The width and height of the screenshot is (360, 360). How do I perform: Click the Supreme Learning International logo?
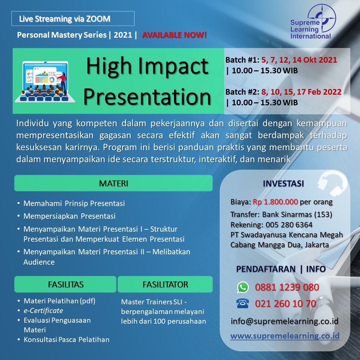(313, 22)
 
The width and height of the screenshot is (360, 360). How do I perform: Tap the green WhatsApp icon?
(243, 287)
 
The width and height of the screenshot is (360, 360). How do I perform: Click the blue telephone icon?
(242, 303)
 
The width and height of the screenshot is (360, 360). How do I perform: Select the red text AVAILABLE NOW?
(174, 35)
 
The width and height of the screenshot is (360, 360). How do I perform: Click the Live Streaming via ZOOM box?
(73, 19)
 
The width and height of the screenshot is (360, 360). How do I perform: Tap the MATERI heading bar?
(113, 183)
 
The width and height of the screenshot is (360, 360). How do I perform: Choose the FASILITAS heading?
(65, 284)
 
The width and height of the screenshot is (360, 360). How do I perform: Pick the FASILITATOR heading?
(165, 284)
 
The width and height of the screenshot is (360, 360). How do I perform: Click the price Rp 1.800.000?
(275, 202)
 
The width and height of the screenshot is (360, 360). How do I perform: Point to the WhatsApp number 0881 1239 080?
(287, 287)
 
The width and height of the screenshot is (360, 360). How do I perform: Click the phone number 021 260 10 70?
(285, 304)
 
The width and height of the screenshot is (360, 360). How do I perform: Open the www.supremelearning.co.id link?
(285, 336)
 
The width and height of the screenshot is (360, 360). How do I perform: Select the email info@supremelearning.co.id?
(284, 321)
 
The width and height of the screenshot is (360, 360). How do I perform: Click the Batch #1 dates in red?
(299, 60)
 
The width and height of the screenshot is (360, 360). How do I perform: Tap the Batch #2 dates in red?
(301, 92)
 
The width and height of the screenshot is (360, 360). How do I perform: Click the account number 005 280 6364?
(289, 225)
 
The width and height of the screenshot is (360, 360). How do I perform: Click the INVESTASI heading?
(283, 183)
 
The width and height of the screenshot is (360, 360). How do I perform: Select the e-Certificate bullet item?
(43, 311)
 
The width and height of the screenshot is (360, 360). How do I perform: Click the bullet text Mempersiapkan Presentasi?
(69, 216)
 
